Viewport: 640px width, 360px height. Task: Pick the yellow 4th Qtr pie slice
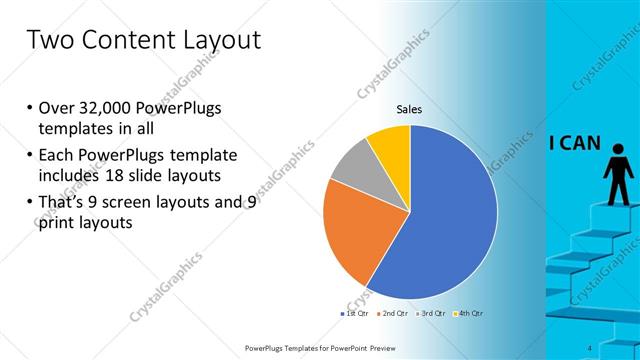391,145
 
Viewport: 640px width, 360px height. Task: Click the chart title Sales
410,109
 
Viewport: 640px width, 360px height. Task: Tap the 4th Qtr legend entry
471,313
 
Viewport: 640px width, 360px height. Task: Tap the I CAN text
574,142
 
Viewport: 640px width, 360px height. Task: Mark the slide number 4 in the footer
591,347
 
